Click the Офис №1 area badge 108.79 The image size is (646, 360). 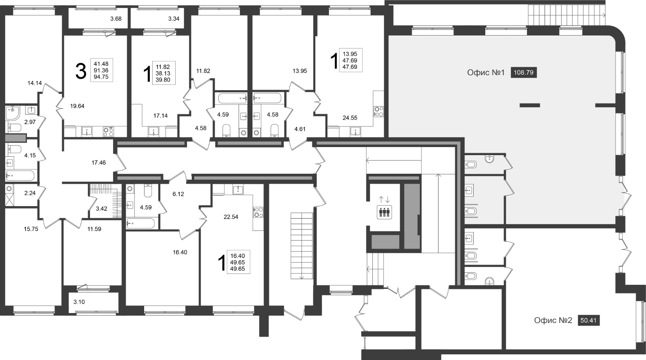point(524,72)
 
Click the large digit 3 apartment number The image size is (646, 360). point(81,72)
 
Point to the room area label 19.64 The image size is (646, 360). point(77,106)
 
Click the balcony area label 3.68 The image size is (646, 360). point(116,19)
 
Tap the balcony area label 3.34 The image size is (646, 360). point(174,19)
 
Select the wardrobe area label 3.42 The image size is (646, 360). point(101,209)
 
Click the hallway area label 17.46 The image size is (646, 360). point(99,163)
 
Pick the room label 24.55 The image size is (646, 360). point(350,118)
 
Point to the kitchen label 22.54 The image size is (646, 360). point(231,217)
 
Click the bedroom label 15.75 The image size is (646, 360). point(31,229)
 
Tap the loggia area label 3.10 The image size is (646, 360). point(79,302)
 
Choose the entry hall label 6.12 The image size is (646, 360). point(178,194)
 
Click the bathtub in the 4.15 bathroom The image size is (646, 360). point(20,175)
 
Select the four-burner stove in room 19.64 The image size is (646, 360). point(109,132)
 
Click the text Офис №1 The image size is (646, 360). point(486,72)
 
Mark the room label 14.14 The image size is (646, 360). point(35,83)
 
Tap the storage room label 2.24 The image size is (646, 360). point(30,193)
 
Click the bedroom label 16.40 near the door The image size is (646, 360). point(180,252)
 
